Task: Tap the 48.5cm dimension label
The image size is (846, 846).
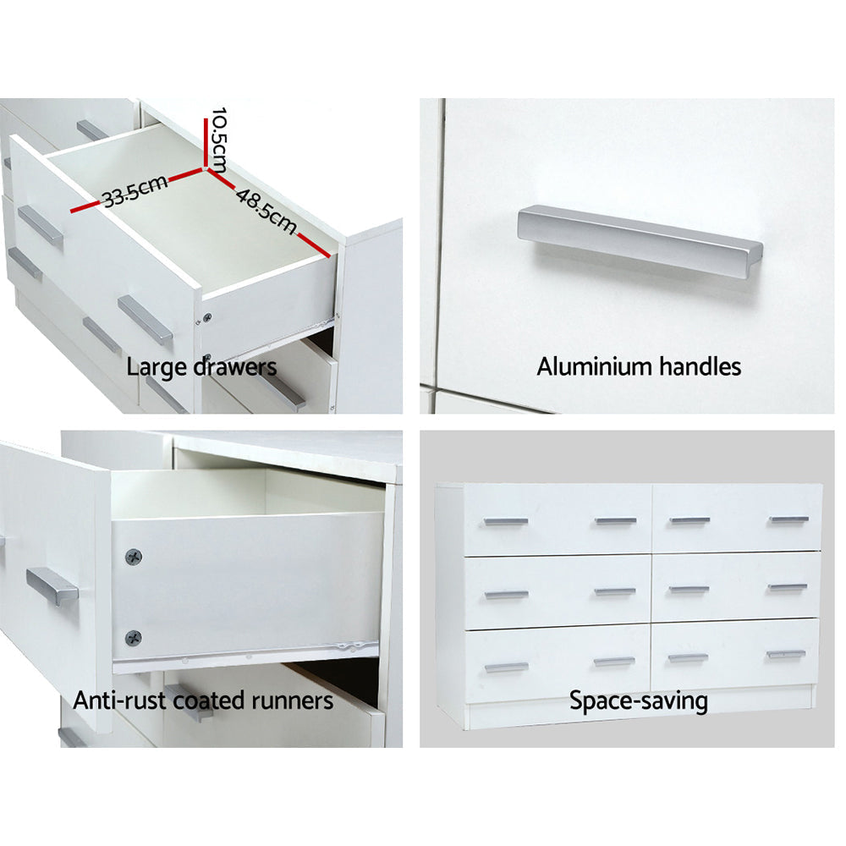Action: (266, 211)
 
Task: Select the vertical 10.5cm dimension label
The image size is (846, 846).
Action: (219, 138)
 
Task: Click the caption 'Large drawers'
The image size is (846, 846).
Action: (201, 367)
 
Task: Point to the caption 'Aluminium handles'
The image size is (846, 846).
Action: (639, 366)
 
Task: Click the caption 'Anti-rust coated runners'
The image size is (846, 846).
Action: (203, 700)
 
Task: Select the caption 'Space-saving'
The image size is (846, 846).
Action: (638, 700)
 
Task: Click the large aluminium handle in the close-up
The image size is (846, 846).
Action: (640, 241)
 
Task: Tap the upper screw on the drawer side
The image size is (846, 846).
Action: (133, 557)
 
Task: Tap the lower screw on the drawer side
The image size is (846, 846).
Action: (133, 638)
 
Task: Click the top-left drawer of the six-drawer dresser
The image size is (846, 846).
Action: (558, 520)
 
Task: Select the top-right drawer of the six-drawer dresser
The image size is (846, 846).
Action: (736, 519)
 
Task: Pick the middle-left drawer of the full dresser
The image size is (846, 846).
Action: (558, 591)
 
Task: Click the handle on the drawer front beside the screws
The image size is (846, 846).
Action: (52, 585)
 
